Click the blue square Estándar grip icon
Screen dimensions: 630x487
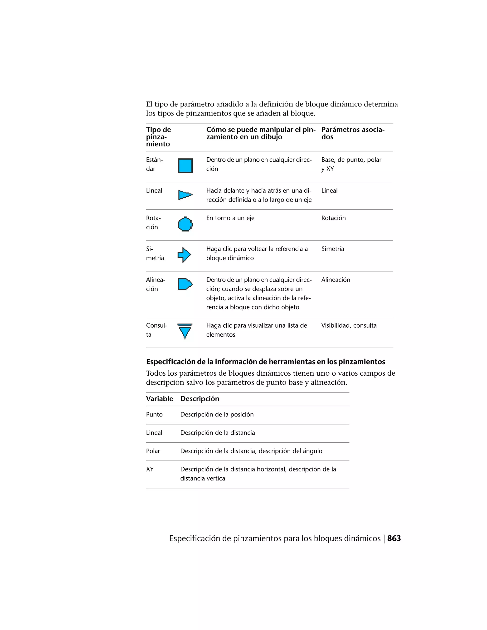click(185, 166)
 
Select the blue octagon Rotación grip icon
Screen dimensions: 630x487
click(185, 224)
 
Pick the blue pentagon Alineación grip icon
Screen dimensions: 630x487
click(185, 284)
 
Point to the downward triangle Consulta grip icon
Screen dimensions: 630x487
click(185, 331)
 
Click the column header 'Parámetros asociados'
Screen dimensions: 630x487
click(353, 133)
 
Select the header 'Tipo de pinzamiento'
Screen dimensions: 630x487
click(158, 137)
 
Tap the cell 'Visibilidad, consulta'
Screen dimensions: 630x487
click(349, 325)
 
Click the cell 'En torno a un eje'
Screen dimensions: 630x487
click(230, 218)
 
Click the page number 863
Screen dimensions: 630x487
click(394, 538)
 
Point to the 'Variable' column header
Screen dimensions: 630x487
click(159, 399)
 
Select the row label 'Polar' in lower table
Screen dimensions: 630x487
click(153, 451)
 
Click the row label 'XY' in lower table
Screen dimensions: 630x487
click(150, 469)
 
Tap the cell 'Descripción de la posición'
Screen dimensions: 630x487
click(217, 415)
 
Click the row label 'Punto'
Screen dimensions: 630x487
click(154, 415)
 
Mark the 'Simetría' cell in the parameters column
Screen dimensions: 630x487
click(333, 249)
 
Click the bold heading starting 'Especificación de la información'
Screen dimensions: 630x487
click(265, 362)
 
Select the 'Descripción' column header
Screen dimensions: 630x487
click(200, 399)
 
